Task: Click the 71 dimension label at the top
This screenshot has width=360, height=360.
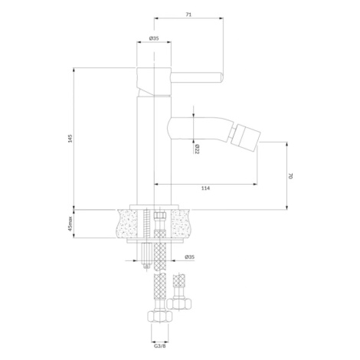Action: [188, 15]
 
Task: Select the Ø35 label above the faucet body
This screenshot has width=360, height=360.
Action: [154, 38]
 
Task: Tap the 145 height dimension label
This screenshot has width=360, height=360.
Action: [70, 139]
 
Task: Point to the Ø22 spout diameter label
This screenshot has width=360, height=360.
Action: [197, 149]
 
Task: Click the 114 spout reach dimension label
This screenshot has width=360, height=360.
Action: [205, 188]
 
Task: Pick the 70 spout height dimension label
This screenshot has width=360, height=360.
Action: [290, 175]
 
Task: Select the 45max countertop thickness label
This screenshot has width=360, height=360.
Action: [70, 224]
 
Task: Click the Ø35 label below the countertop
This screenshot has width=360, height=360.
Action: [189, 257]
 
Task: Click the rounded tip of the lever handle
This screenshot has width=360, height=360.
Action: [221, 77]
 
